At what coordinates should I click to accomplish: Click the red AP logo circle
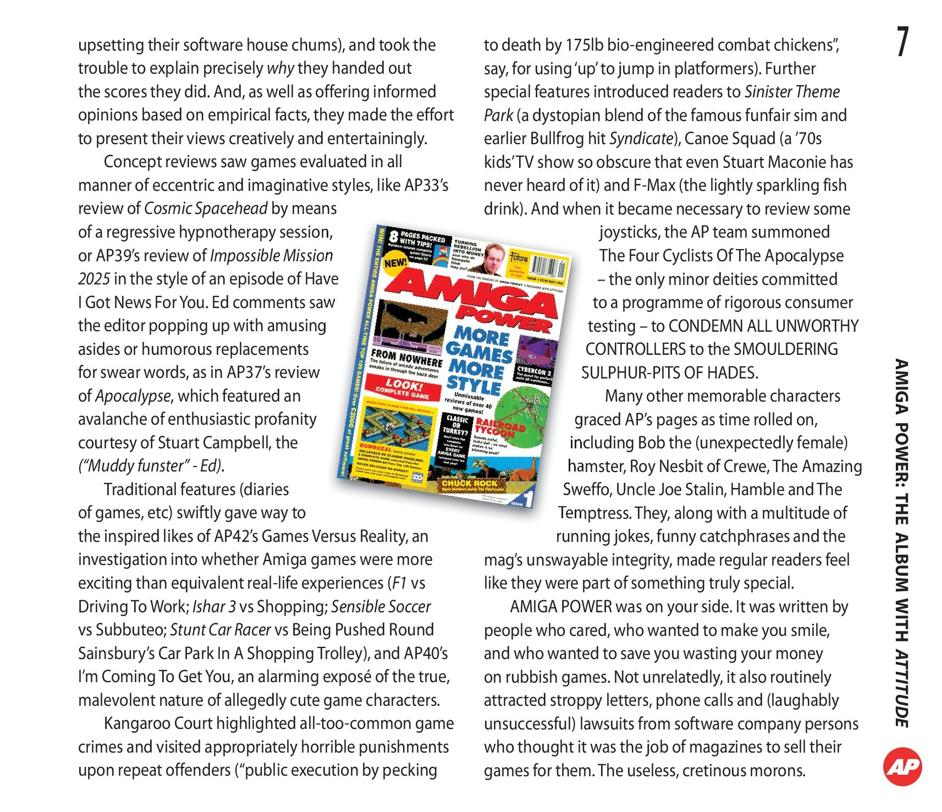tap(902, 766)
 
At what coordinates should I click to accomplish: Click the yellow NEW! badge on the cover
tap(395, 262)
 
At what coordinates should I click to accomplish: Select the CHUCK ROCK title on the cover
tap(470, 483)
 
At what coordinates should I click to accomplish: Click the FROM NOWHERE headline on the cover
tap(406, 358)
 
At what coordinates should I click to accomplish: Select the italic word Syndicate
tap(641, 139)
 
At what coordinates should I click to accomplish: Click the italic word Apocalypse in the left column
tap(133, 396)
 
